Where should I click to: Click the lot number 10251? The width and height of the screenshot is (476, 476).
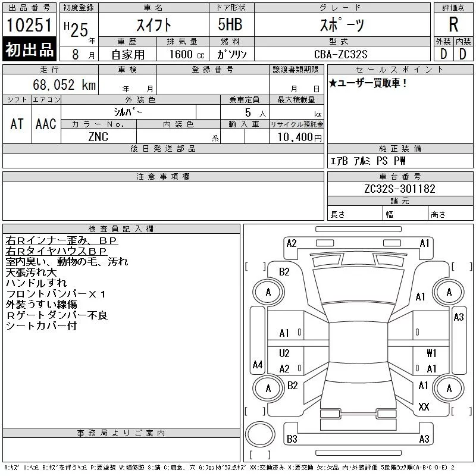tap(30, 26)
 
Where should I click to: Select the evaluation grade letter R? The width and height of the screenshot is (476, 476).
tap(453, 25)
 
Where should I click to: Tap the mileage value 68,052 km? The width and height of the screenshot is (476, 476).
tap(65, 85)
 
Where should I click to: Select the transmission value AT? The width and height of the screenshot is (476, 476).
tap(17, 124)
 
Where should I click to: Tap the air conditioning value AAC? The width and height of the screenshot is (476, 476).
tap(46, 124)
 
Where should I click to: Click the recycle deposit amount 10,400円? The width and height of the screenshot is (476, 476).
tap(296, 137)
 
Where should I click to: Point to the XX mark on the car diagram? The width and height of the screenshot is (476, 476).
tap(424, 407)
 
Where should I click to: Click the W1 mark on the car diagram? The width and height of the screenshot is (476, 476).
tap(431, 353)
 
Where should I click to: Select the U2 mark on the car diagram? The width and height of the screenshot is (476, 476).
tap(284, 353)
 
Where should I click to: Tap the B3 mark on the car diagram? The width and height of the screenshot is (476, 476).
tap(292, 439)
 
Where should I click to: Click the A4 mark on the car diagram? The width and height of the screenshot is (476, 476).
tap(258, 364)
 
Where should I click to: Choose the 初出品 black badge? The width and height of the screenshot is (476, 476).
tap(30, 50)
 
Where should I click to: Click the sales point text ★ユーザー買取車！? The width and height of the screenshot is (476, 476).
tap(368, 83)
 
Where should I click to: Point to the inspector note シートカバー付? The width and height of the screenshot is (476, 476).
tap(41, 326)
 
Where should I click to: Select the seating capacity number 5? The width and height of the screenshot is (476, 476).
tap(246, 112)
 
